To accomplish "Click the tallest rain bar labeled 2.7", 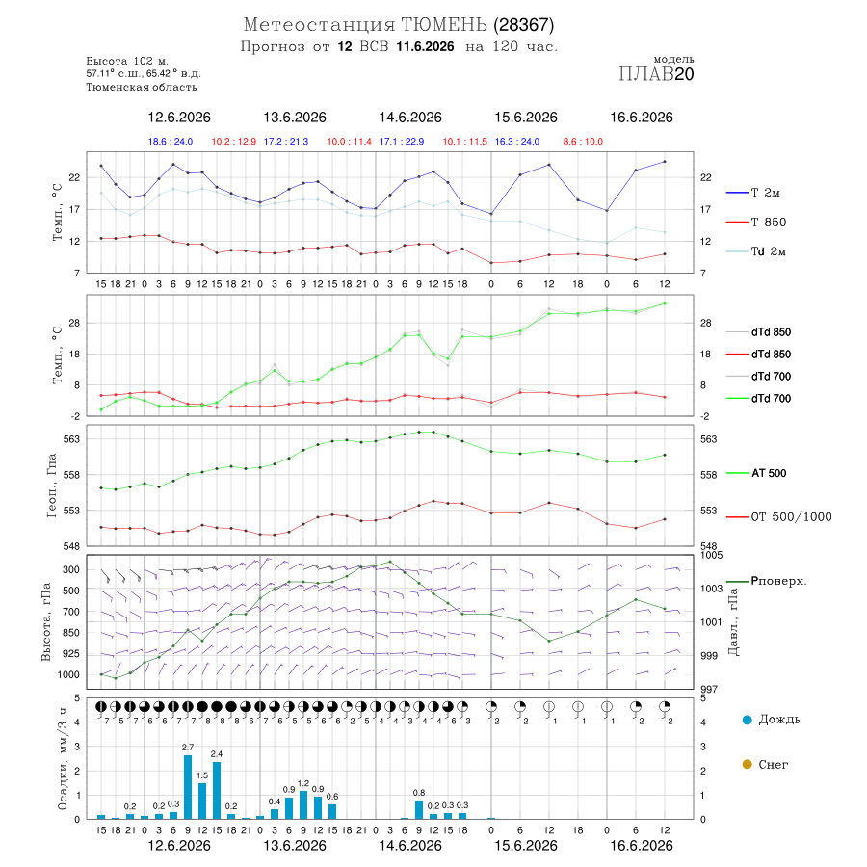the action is pyautogui.click(x=188, y=787).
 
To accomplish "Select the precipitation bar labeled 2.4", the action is pyautogui.click(x=217, y=790).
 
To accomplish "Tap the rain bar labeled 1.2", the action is pyautogui.click(x=303, y=804).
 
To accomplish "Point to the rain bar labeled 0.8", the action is pyautogui.click(x=419, y=809).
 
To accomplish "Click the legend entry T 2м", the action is pyautogui.click(x=753, y=193).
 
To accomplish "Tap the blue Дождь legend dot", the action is pyautogui.click(x=748, y=720).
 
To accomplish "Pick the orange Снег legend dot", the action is pyautogui.click(x=748, y=764).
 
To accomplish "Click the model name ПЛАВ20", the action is pyautogui.click(x=656, y=74).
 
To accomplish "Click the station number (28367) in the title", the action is pyautogui.click(x=524, y=25).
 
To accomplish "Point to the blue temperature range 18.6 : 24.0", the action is pyautogui.click(x=171, y=142).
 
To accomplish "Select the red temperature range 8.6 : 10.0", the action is pyautogui.click(x=583, y=142).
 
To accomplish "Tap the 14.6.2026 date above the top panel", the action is pyautogui.click(x=410, y=118).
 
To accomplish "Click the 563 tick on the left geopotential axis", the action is pyautogui.click(x=72, y=439).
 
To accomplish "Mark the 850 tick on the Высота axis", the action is pyautogui.click(x=70, y=633).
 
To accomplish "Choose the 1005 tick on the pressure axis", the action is pyautogui.click(x=711, y=555).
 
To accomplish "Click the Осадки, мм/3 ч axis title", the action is pyautogui.click(x=62, y=759).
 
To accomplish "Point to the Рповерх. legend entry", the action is pyautogui.click(x=767, y=581).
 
